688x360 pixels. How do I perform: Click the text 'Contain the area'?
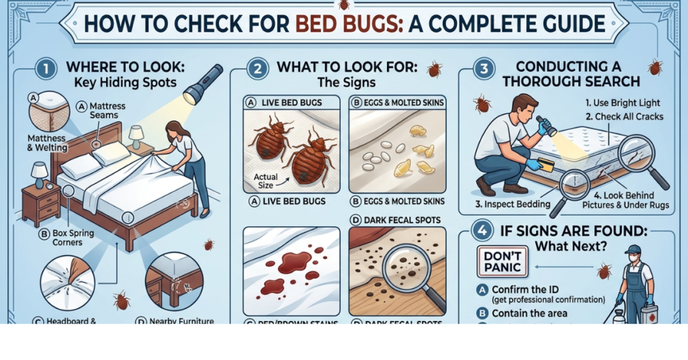(529, 314)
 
